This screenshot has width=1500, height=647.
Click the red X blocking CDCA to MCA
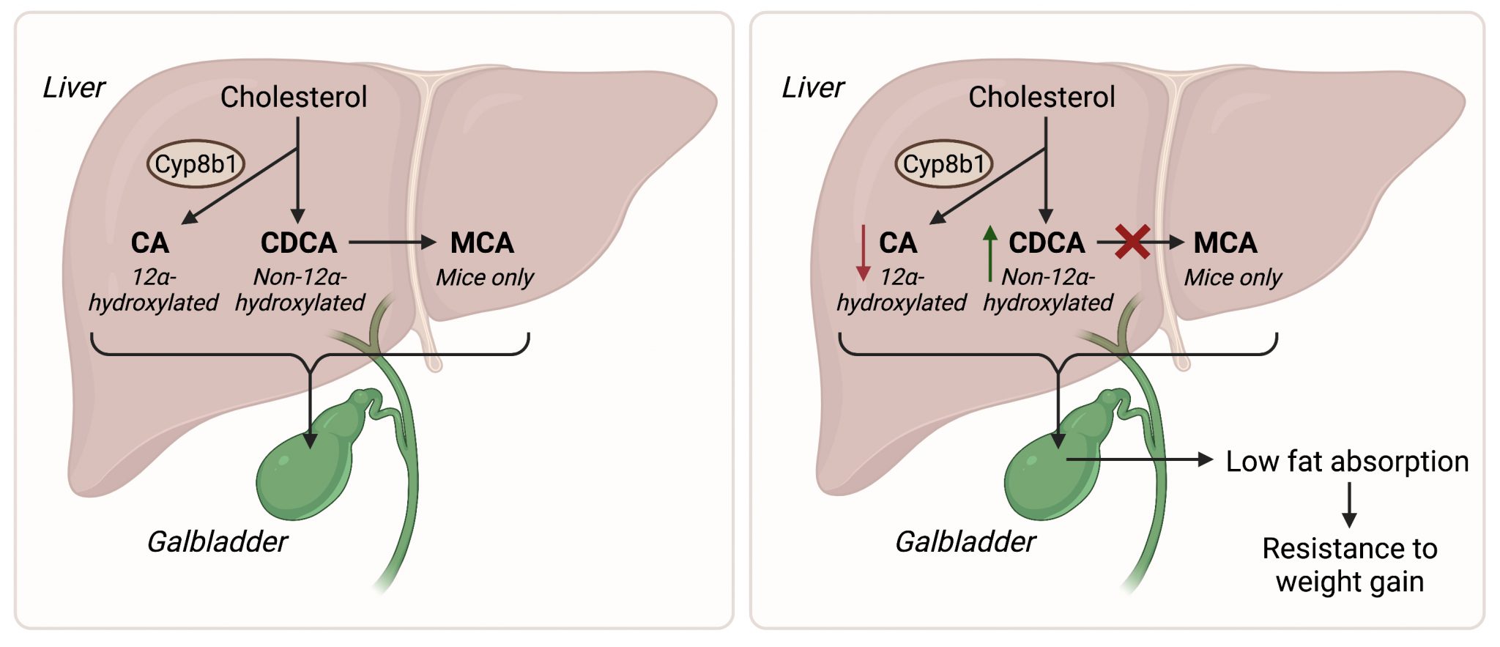[1132, 243]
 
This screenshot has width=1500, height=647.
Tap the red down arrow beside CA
[864, 254]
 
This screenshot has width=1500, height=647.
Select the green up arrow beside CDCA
[990, 254]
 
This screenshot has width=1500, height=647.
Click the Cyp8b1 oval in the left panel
[196, 164]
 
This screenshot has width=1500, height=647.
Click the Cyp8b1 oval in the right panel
[943, 164]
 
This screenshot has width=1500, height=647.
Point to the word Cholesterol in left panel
[294, 97]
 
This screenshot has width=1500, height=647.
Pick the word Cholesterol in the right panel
[1042, 97]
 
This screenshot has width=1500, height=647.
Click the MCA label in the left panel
[482, 243]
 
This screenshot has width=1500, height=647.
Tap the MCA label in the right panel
[1225, 243]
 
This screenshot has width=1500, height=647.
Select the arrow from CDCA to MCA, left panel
[392, 242]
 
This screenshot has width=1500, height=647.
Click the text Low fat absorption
[1347, 461]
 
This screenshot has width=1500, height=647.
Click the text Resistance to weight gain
[1349, 565]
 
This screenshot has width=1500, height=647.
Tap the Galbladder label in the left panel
[218, 541]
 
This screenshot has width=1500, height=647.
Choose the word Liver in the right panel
[813, 87]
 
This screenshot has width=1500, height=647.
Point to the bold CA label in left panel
[149, 243]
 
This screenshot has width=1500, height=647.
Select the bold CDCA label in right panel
[1047, 243]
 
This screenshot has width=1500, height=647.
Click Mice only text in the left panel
[485, 277]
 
